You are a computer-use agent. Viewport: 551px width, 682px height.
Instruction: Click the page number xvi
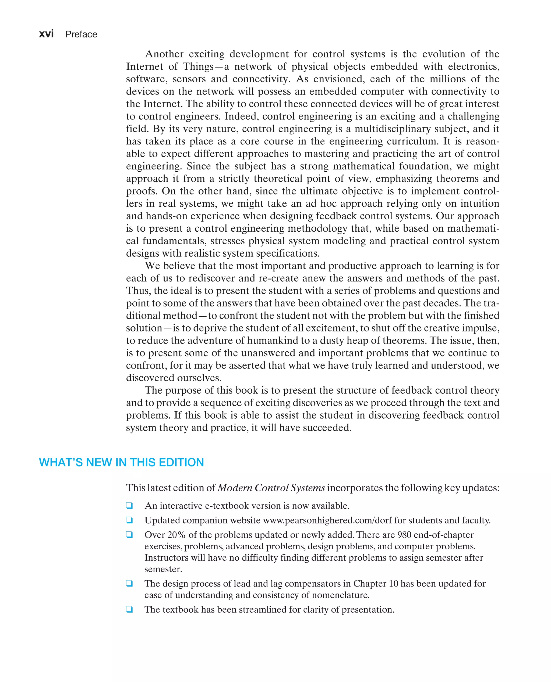(46, 34)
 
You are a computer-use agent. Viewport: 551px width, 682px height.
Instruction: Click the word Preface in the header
(81, 34)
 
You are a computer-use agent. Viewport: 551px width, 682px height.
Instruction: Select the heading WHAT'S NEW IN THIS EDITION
(121, 462)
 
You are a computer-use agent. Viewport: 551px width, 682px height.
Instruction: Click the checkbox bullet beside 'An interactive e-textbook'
(129, 506)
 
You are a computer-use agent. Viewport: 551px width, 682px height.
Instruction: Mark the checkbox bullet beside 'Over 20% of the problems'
(129, 535)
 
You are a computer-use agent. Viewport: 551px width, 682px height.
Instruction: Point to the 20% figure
(176, 535)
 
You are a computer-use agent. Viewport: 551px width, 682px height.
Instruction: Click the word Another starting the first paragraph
(164, 54)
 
